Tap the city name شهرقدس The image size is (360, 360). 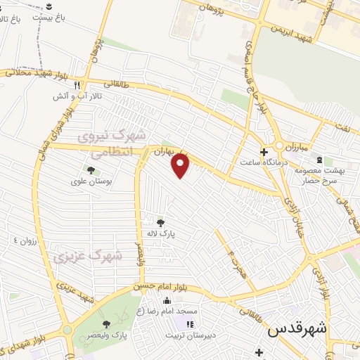[297, 328]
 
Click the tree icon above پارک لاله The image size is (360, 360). [160, 222]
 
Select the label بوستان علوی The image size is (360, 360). [88, 181]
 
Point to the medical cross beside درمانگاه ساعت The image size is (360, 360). [264, 152]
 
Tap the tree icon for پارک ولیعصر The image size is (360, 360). [106, 324]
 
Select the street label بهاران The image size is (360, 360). [163, 151]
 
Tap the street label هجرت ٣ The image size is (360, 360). [234, 261]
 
